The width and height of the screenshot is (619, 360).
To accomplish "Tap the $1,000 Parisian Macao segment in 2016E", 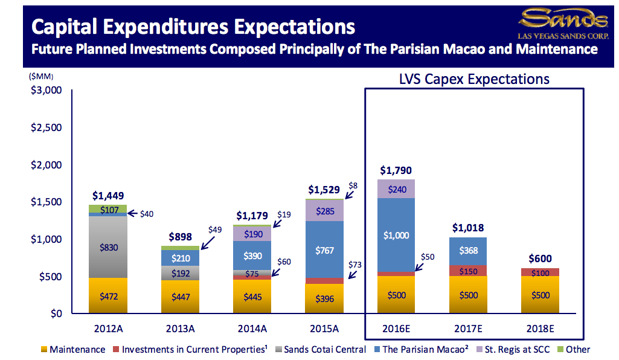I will coord(396,236).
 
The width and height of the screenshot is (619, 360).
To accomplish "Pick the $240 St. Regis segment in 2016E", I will coord(396,188).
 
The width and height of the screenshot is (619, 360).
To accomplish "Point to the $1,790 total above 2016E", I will coord(396,170).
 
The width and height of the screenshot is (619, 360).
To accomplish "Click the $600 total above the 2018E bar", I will coord(540,259).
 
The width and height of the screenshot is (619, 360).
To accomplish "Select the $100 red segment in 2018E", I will coord(540,272).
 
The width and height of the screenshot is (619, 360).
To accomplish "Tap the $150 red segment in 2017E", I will coord(469,271).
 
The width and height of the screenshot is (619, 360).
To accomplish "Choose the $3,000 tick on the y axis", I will coord(47,91).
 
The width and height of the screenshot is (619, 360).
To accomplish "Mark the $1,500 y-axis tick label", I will coord(47,202).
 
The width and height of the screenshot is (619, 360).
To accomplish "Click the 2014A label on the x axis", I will coord(252,329).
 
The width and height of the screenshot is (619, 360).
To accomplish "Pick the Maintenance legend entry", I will coord(73,350).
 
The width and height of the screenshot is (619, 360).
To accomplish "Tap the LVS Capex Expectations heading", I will coord(474,79).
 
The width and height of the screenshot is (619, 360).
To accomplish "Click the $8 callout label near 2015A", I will coord(353,186).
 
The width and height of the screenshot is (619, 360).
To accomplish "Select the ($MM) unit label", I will coord(40,76).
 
